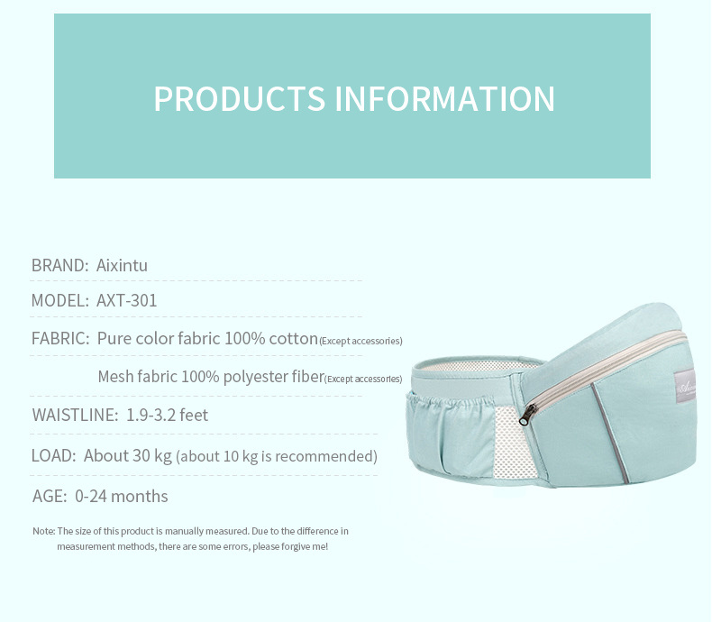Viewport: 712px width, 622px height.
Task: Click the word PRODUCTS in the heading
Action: [240, 98]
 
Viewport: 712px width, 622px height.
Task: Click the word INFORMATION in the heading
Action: [444, 98]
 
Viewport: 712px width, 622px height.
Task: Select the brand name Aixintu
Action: [122, 265]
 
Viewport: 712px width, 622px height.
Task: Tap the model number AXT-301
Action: [127, 300]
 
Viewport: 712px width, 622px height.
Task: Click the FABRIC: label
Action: [60, 338]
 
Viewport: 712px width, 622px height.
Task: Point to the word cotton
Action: [293, 339]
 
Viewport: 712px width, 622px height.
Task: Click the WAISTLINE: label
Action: [75, 415]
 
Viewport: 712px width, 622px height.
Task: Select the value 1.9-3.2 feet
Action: [167, 415]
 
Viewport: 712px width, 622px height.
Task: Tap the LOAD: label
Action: [53, 455]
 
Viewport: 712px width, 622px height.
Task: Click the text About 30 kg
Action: [128, 456]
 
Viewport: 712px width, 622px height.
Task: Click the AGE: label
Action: [50, 496]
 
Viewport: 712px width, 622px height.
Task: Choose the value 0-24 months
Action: [122, 496]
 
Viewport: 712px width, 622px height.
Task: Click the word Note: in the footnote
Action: [43, 531]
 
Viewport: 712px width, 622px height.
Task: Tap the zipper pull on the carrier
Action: [526, 415]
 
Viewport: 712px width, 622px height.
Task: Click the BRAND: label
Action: [60, 265]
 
